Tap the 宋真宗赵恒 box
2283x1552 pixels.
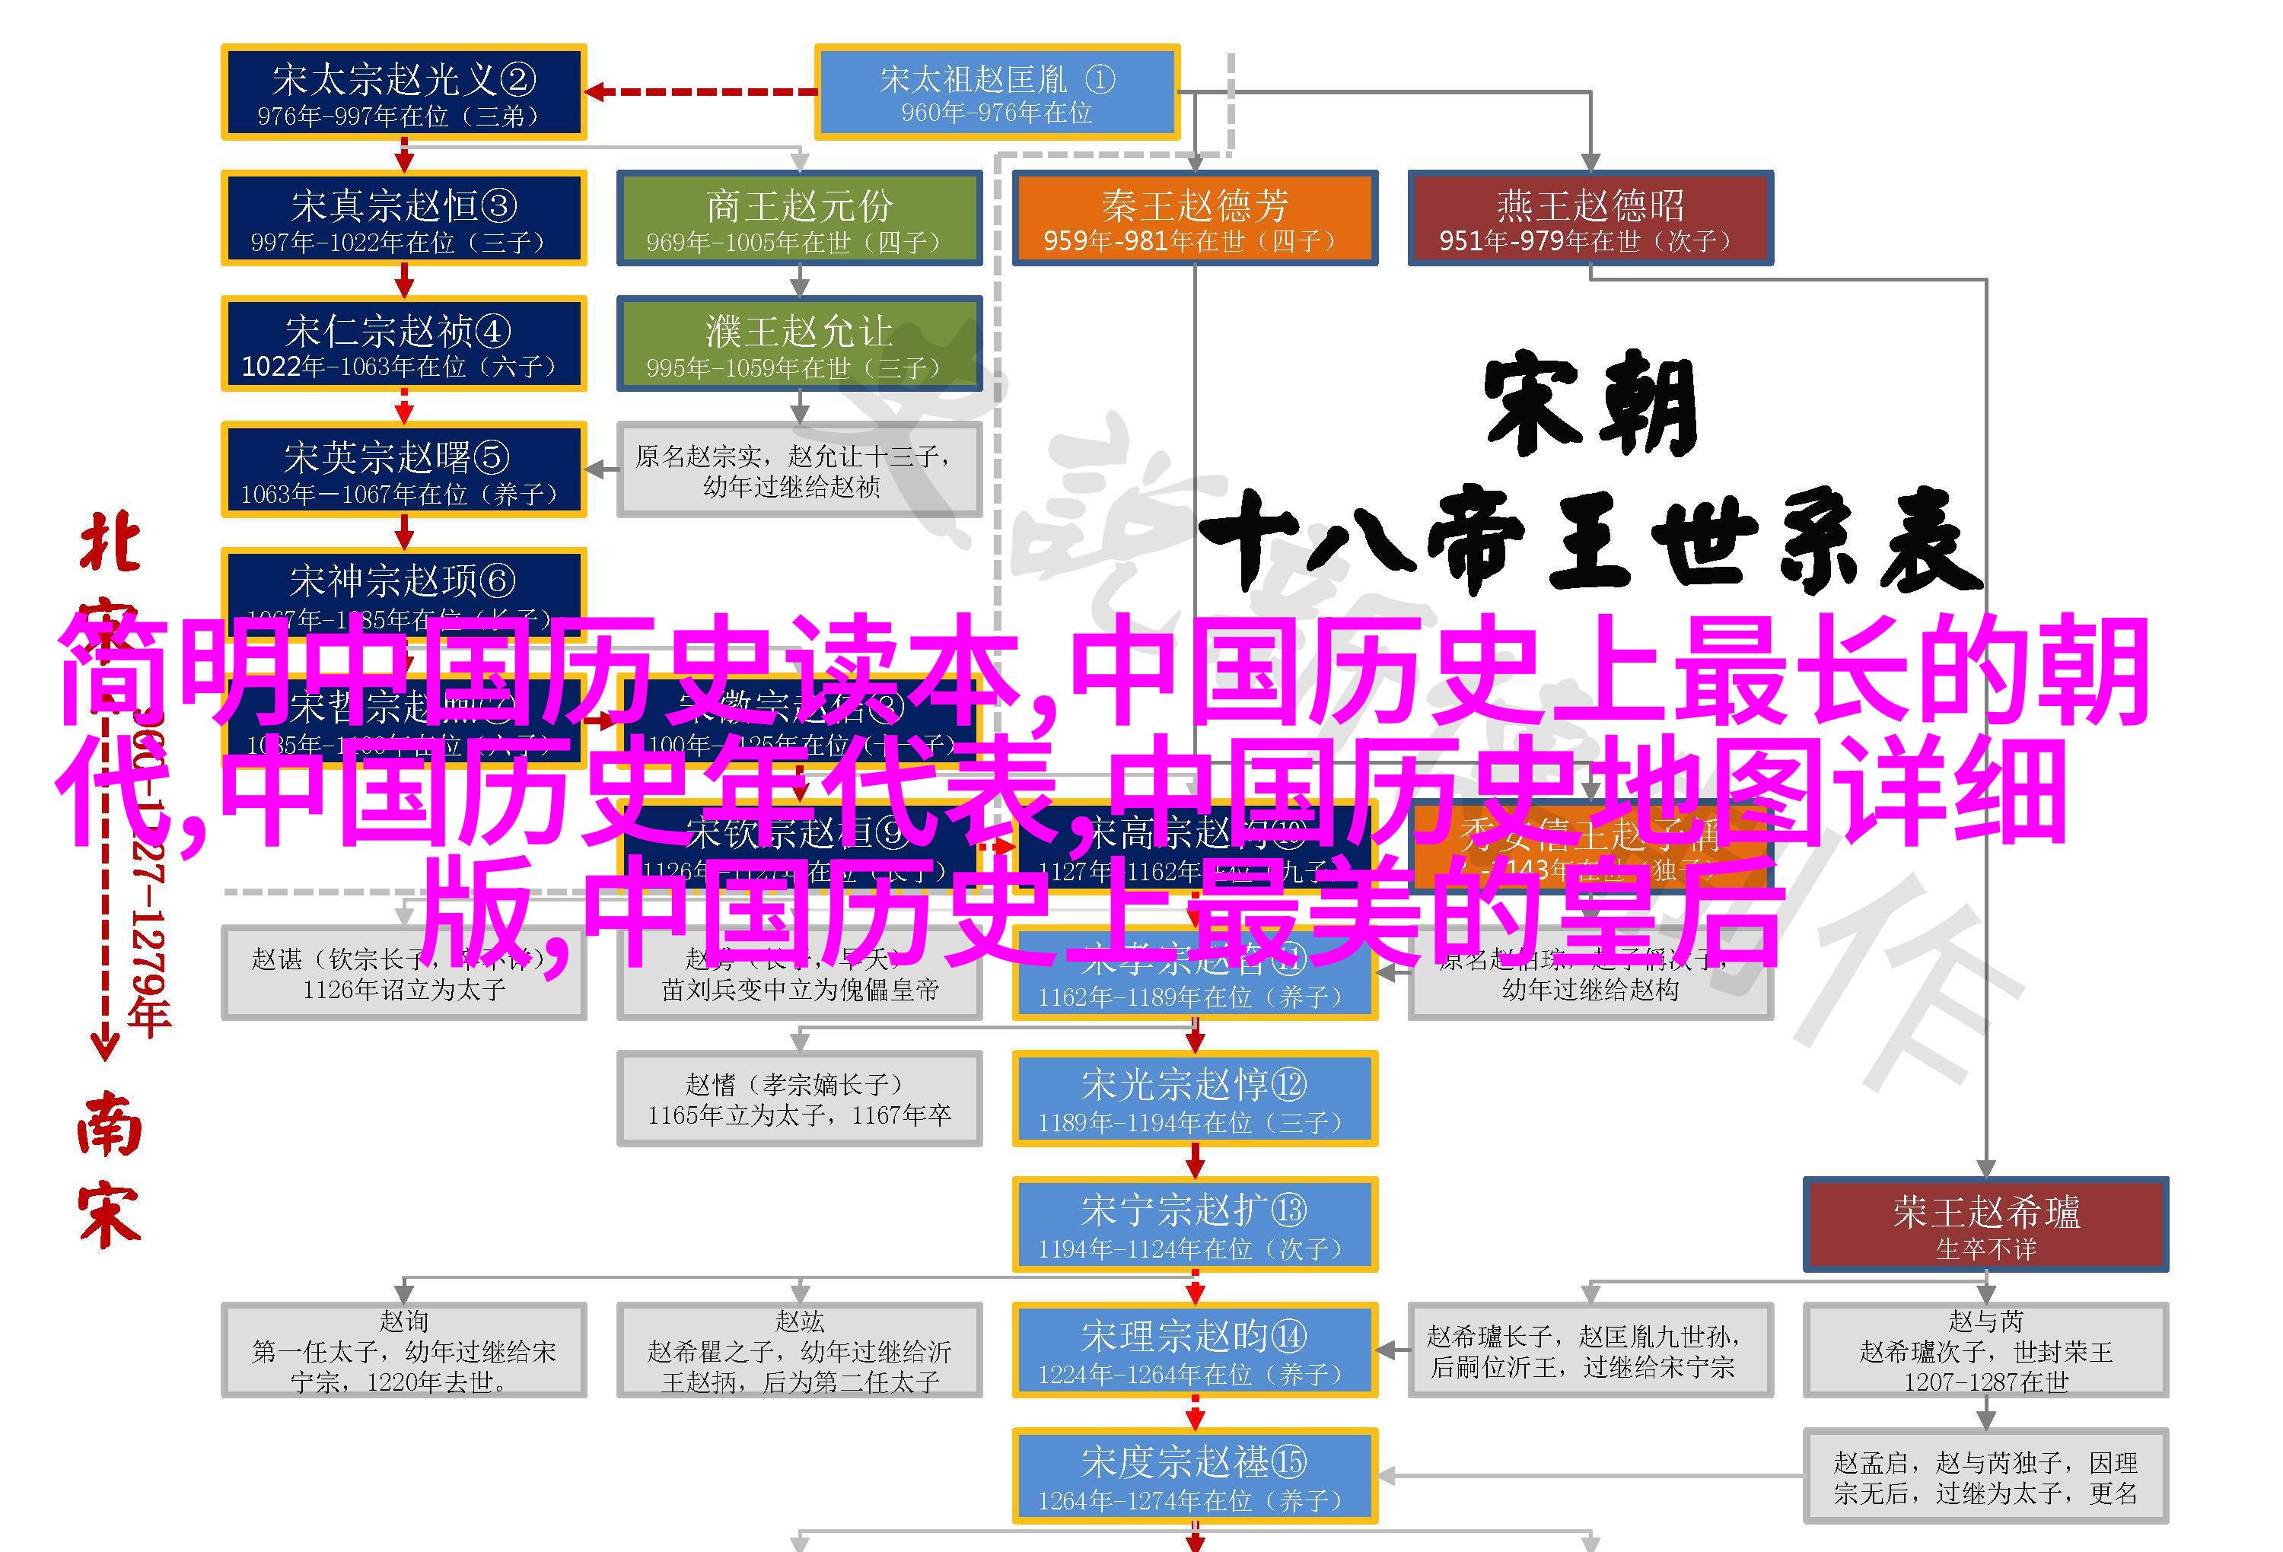coord(404,218)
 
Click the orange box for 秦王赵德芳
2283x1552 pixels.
coord(1195,218)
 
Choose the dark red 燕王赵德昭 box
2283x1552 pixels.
coord(1590,218)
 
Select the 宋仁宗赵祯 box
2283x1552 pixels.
coord(404,344)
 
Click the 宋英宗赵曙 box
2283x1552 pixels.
coord(404,469)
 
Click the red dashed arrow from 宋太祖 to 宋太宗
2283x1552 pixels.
coord(699,92)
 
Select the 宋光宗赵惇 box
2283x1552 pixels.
coord(1195,1098)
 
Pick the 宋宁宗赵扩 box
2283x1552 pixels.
coord(1195,1224)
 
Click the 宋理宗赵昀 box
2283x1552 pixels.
coord(1195,1350)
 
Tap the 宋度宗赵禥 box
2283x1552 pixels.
coord(1195,1475)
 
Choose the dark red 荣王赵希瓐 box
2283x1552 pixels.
coord(1985,1224)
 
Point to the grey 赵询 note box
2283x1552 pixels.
coord(404,1350)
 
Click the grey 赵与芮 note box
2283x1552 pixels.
coord(1985,1350)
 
